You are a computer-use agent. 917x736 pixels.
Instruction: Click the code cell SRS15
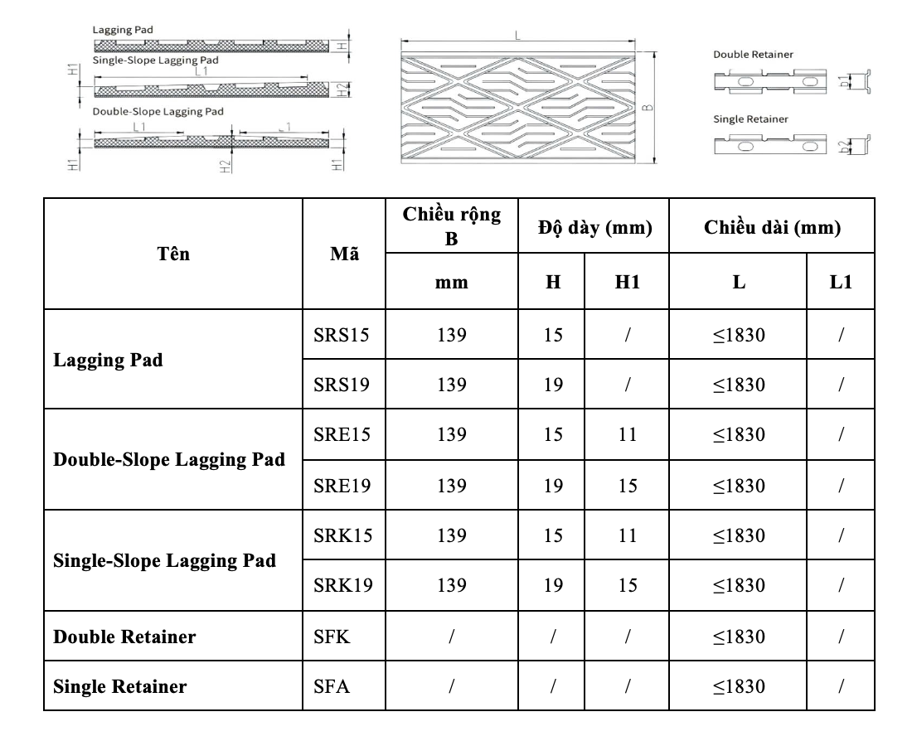click(x=340, y=335)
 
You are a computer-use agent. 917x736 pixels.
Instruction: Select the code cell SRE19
click(x=340, y=486)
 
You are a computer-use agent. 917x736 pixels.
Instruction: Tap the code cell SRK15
click(x=340, y=535)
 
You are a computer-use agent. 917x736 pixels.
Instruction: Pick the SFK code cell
click(x=332, y=637)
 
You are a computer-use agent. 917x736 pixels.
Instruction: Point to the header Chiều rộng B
click(x=452, y=225)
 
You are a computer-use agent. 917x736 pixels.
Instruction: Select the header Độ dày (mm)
click(x=594, y=225)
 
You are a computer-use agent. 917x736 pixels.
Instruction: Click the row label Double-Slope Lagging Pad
click(x=169, y=460)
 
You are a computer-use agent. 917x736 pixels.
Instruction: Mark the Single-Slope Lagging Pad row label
click(x=164, y=560)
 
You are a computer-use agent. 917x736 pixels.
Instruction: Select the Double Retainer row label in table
click(x=124, y=637)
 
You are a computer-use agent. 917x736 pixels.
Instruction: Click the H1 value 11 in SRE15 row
click(x=628, y=435)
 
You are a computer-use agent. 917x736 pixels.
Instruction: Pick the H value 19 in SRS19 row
click(x=553, y=385)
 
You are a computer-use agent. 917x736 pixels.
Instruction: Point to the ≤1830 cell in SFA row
click(x=738, y=686)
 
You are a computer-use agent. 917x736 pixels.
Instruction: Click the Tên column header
click(x=175, y=254)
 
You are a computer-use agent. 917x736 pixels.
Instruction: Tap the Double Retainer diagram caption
click(x=753, y=54)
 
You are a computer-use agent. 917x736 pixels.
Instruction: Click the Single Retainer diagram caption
click(x=750, y=119)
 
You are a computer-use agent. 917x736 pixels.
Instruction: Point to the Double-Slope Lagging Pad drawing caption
click(x=158, y=110)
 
